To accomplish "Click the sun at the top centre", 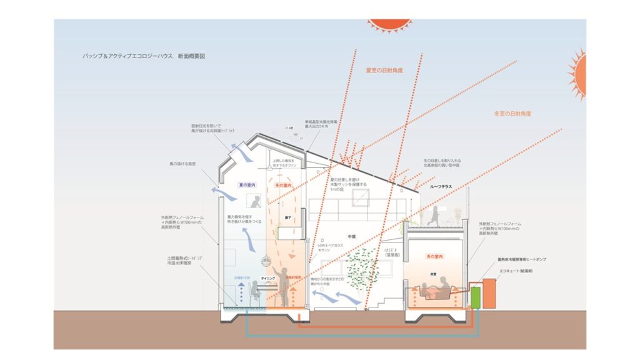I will pyautogui.click(x=389, y=24).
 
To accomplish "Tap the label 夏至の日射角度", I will pyautogui.click(x=384, y=71).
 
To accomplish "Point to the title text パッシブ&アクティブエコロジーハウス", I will pyautogui.click(x=144, y=56).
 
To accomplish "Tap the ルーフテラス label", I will pyautogui.click(x=441, y=187).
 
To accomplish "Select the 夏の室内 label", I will pyautogui.click(x=247, y=186).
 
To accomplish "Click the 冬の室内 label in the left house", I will pyautogui.click(x=284, y=186).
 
